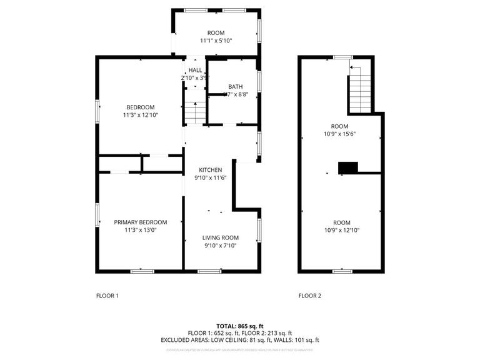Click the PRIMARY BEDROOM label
(140, 222)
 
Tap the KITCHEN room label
(210, 170)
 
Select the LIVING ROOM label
(221, 237)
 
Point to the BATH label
(235, 87)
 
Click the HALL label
(195, 70)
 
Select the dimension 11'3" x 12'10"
(140, 115)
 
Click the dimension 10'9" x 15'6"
(339, 134)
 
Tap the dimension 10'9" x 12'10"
(341, 230)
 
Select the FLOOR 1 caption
(107, 296)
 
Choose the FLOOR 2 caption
(309, 296)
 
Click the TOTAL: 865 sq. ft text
(240, 326)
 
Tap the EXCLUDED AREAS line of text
(240, 340)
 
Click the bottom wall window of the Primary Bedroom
(142, 271)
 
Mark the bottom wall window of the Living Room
(209, 271)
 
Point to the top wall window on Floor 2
(342, 57)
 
